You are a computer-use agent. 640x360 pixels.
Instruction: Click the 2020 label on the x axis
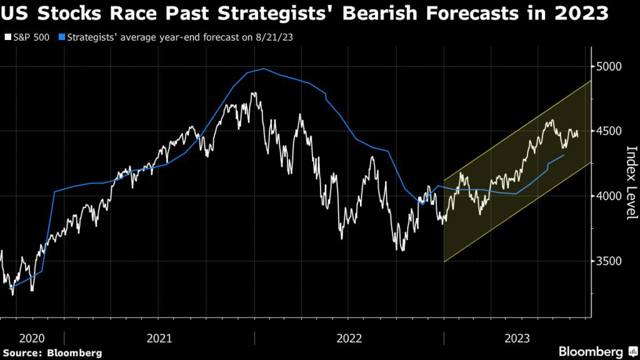[x=31, y=338]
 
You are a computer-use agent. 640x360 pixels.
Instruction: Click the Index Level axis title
[x=631, y=182]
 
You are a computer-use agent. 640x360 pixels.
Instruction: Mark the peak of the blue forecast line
[x=264, y=69]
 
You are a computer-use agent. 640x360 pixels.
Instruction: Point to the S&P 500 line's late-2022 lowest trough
[x=401, y=251]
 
